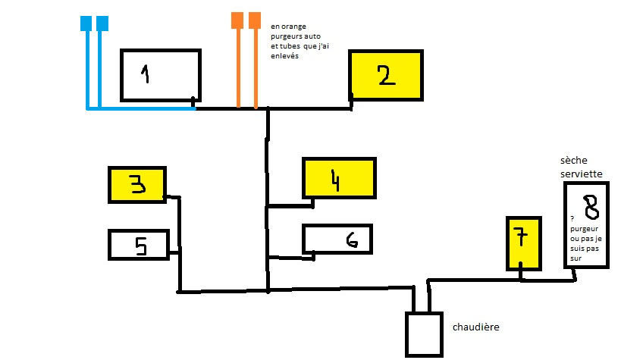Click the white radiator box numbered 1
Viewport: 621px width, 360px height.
click(x=160, y=74)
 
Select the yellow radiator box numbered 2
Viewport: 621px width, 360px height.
click(x=385, y=75)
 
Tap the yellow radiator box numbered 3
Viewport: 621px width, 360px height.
click(x=137, y=185)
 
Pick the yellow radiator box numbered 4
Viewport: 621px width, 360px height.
click(x=338, y=178)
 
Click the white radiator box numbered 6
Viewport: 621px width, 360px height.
click(x=337, y=239)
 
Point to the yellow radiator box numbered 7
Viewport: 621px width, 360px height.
click(x=523, y=243)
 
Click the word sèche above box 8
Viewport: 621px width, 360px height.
click(x=574, y=161)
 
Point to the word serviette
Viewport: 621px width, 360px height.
click(x=582, y=174)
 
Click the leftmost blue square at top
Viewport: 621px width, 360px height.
click(x=86, y=23)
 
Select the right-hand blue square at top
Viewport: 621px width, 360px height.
click(x=102, y=23)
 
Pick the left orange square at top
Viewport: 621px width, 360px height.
click(x=237, y=20)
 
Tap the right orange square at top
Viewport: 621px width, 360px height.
click(x=255, y=20)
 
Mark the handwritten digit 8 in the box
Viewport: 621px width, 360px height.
click(x=589, y=205)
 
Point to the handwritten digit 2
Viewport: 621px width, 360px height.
click(x=386, y=74)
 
